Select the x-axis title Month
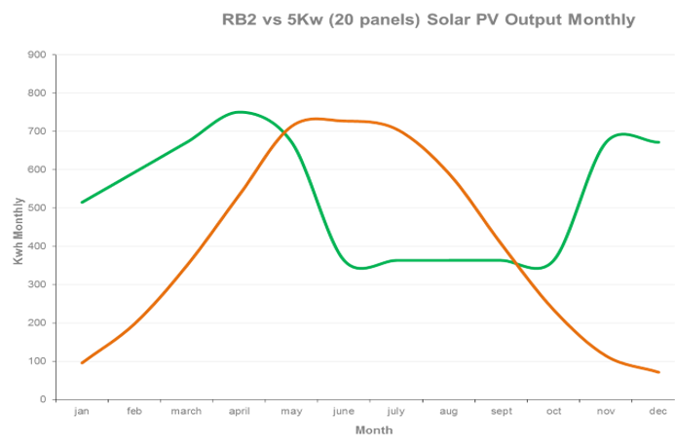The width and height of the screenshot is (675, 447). pos(374,429)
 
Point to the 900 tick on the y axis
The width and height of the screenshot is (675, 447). pos(38,55)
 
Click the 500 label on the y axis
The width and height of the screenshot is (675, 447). pos(38,207)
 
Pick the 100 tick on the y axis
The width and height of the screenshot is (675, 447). pos(38,361)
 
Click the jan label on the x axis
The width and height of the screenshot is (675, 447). pos(82,412)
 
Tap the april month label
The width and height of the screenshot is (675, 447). pos(239,412)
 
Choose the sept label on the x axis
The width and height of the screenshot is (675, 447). pos(502,412)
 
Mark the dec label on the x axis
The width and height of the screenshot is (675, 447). pos(658,412)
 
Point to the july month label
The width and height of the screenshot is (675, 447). pos(395,412)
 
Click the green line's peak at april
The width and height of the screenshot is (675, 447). pos(240,112)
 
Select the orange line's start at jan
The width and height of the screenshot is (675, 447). pos(82,362)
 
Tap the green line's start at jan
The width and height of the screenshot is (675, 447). pos(82,203)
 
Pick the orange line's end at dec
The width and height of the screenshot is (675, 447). pos(658,372)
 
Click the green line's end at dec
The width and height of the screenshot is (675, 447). pos(658,142)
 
